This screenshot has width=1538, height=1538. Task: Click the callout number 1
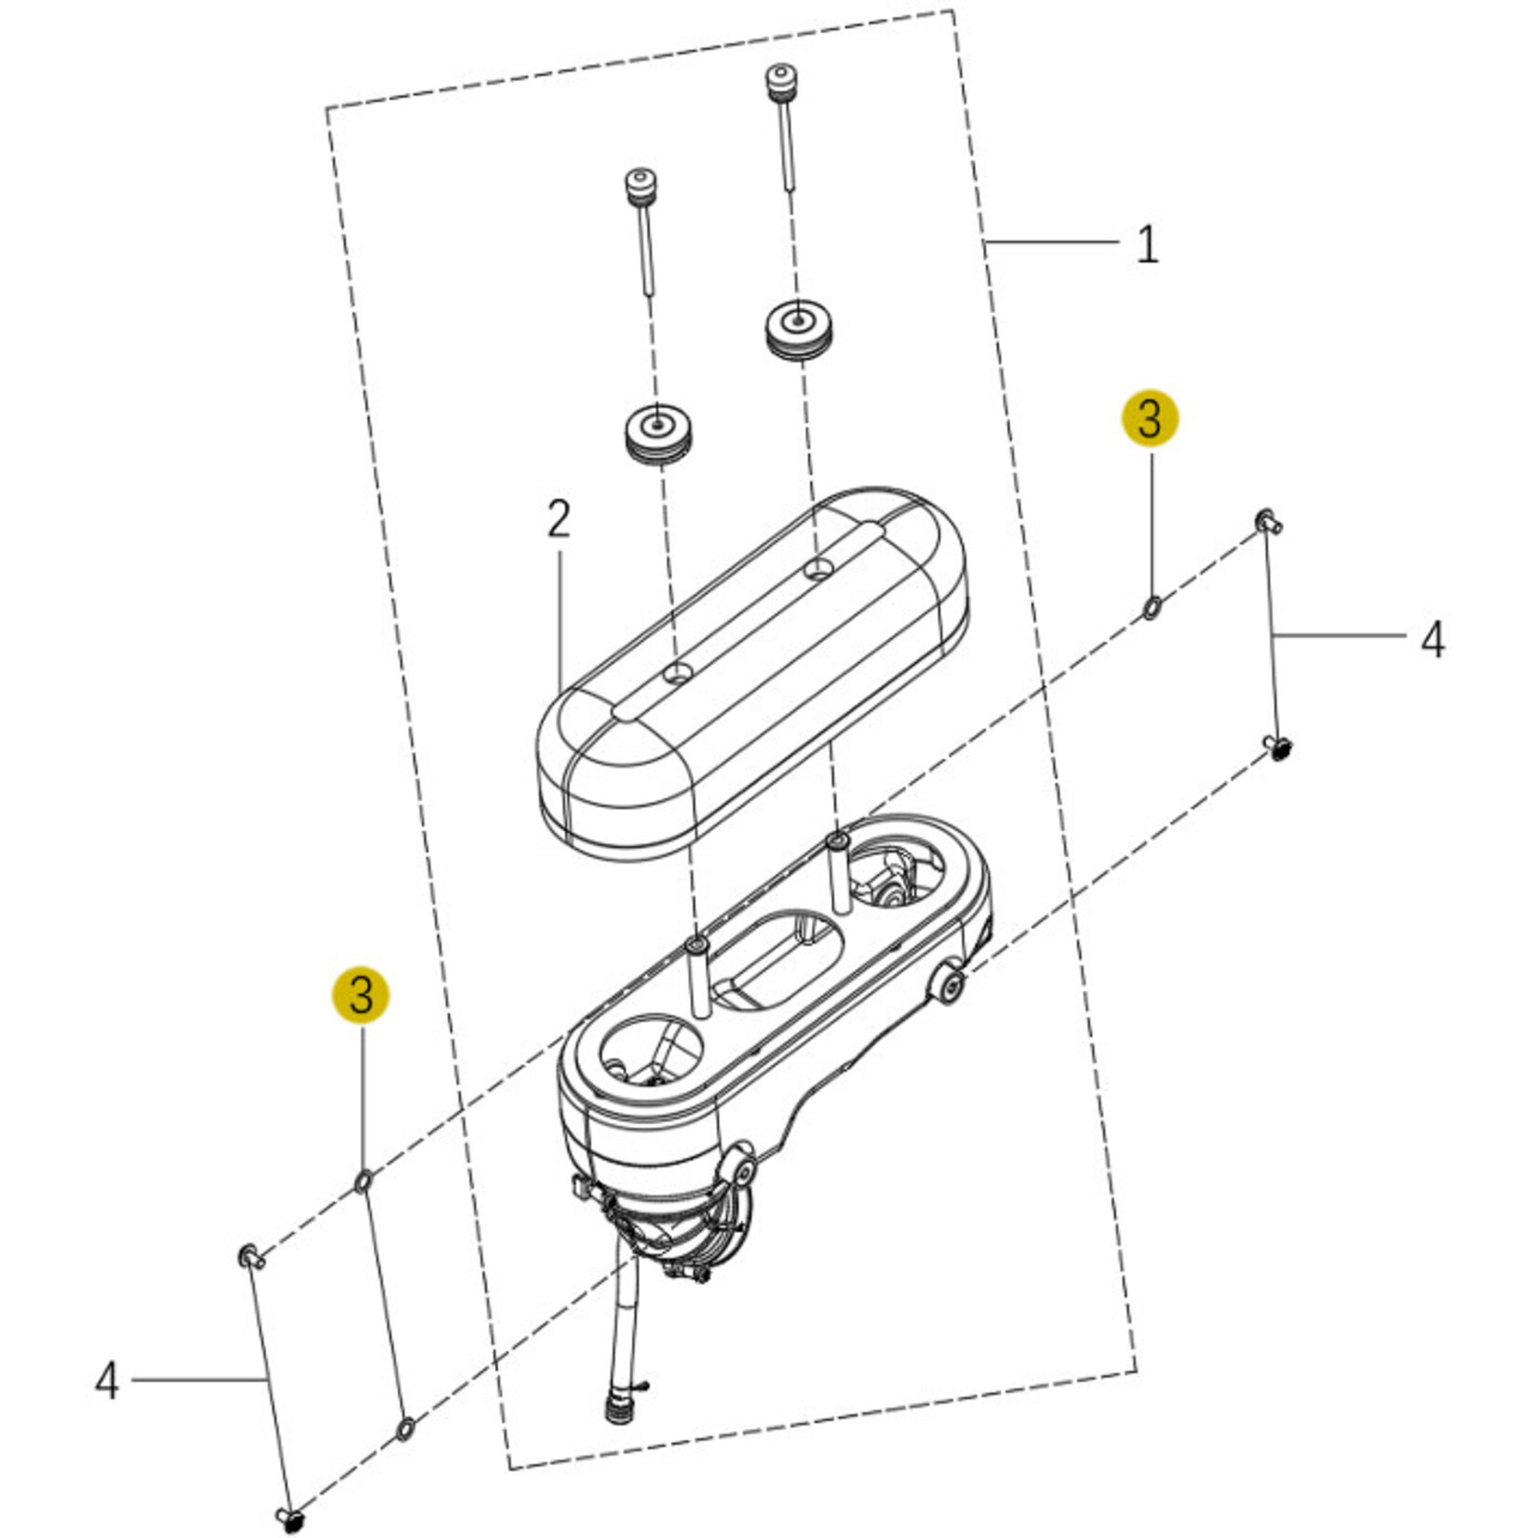[x=1147, y=245]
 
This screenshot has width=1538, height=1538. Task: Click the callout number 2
[x=558, y=519]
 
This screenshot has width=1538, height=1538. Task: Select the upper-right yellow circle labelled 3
[x=1150, y=418]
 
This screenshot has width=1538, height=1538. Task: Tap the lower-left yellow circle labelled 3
[x=361, y=994]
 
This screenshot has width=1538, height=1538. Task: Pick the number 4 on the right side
[x=1432, y=640]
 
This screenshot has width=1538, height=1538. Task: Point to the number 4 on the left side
[x=107, y=1380]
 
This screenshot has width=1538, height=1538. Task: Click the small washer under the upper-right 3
[x=1152, y=609]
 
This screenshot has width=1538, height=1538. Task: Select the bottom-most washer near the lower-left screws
[x=406, y=1428]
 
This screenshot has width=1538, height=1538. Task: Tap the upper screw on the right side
[x=1268, y=521]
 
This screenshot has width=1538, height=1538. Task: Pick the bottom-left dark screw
[x=292, y=1519]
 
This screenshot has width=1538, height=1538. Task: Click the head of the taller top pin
[x=780, y=77]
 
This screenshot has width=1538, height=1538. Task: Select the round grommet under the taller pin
[x=800, y=329]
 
